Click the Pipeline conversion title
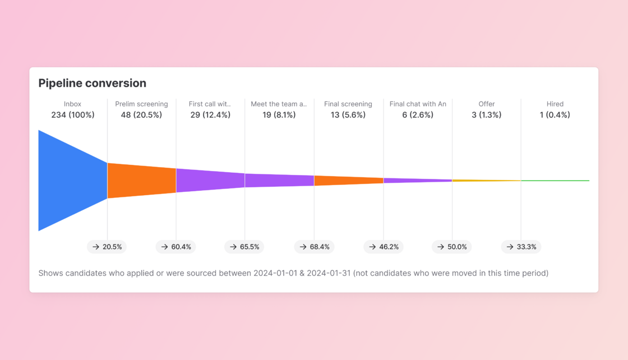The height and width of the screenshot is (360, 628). (x=92, y=83)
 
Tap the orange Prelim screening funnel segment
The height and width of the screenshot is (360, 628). (x=141, y=181)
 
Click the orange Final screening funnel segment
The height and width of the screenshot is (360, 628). (x=348, y=181)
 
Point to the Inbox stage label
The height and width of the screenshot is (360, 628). (x=72, y=104)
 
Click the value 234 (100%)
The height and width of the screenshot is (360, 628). (x=73, y=115)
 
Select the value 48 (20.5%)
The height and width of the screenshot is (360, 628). (x=141, y=115)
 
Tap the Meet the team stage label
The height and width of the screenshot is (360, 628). (x=279, y=104)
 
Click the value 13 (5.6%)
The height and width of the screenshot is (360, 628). (x=348, y=115)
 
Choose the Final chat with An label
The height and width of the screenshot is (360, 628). (x=418, y=104)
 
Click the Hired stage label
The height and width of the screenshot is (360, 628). (x=555, y=104)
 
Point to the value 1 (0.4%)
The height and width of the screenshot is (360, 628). (x=555, y=115)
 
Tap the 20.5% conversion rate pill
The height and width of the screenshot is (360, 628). (x=107, y=247)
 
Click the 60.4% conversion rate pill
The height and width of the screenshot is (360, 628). (x=176, y=247)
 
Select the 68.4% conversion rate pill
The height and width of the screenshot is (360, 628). (x=314, y=247)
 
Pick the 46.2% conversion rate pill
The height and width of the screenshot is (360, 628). (x=384, y=247)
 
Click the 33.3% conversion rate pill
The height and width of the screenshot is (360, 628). (x=521, y=247)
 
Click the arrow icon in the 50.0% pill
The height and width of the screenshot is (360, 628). (x=441, y=247)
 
